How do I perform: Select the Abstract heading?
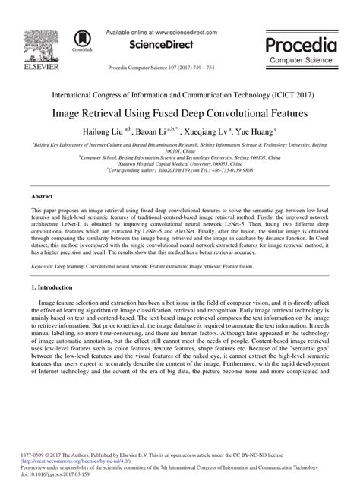click(42, 196)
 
